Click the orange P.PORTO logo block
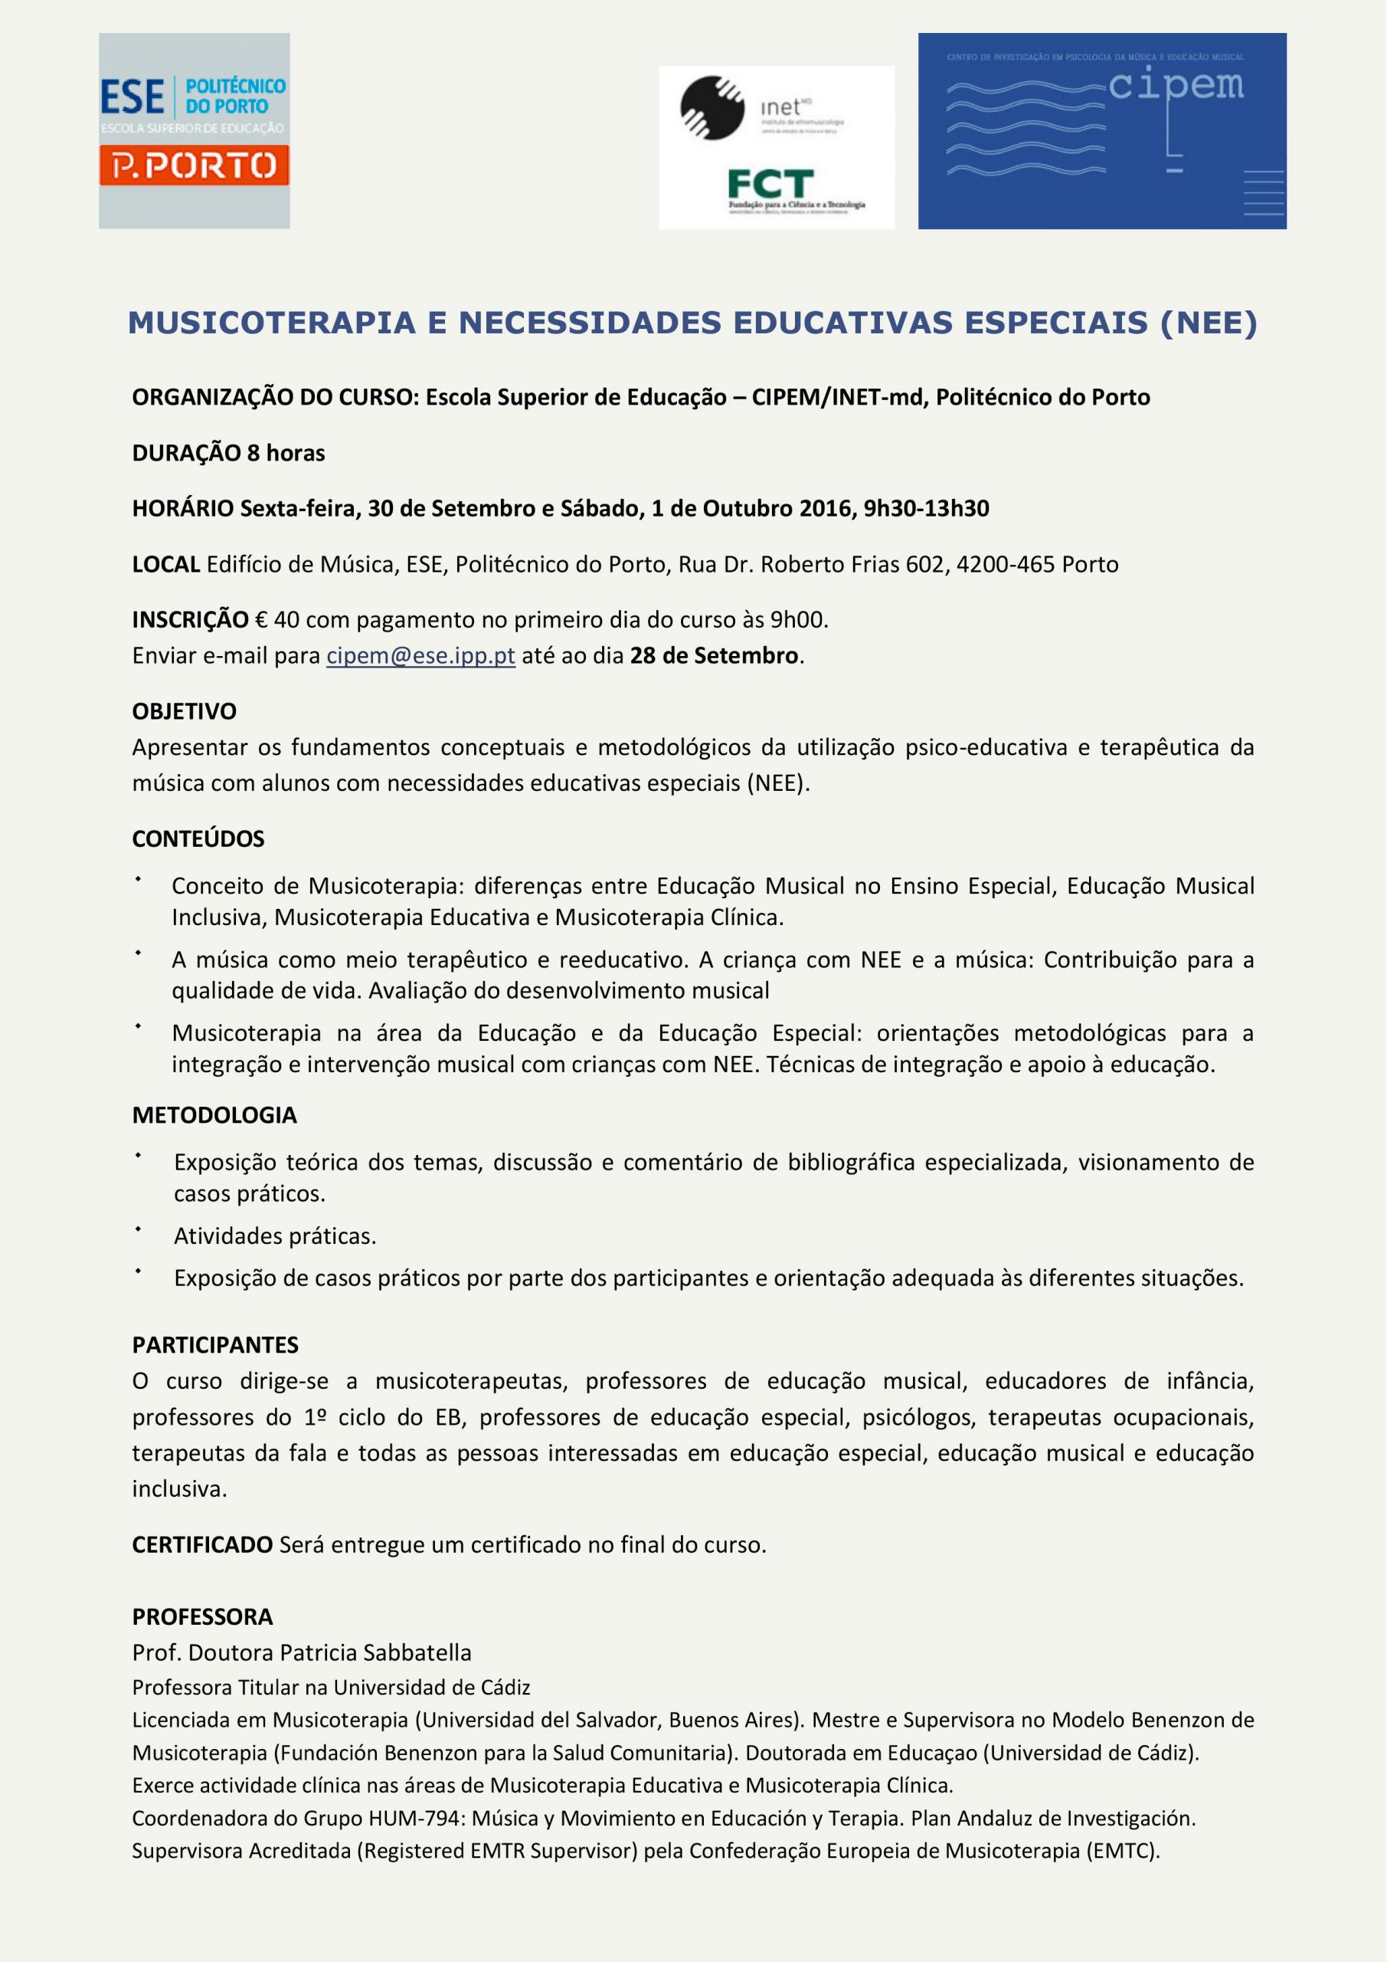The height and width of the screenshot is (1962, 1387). pos(194,166)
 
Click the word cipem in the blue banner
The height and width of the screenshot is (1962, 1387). pos(1176,85)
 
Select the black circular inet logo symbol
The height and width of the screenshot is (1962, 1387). pos(712,107)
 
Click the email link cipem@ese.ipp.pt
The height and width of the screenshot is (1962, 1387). pos(420,655)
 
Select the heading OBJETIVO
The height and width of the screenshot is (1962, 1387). pos(185,711)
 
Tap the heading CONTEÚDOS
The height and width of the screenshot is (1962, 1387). pos(198,838)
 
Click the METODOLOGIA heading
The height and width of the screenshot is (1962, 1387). pos(214,1114)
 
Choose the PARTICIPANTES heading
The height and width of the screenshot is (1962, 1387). pos(215,1344)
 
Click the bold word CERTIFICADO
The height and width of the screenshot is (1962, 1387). pos(202,1544)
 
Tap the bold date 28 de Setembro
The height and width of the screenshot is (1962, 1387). pos(714,655)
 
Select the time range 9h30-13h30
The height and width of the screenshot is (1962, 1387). pos(926,508)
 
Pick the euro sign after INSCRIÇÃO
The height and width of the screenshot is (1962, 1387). pos(260,619)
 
